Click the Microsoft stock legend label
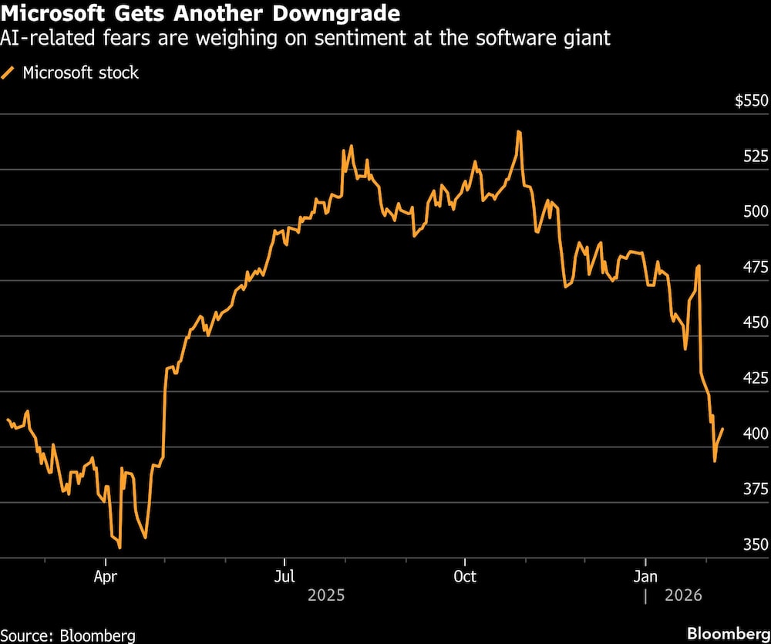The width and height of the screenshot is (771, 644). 81,73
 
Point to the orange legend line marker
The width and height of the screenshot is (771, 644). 9,73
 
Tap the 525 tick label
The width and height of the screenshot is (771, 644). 756,157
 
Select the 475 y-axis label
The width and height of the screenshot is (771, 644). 756,268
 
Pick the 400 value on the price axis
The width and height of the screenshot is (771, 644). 756,433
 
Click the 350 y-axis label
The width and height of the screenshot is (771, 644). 756,545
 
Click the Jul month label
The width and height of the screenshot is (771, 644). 284,577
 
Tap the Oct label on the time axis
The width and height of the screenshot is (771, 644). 465,577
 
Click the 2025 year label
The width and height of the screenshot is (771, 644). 325,595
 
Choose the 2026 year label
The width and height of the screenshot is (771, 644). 683,595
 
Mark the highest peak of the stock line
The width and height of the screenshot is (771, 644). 519,132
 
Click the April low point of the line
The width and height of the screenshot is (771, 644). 120,548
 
